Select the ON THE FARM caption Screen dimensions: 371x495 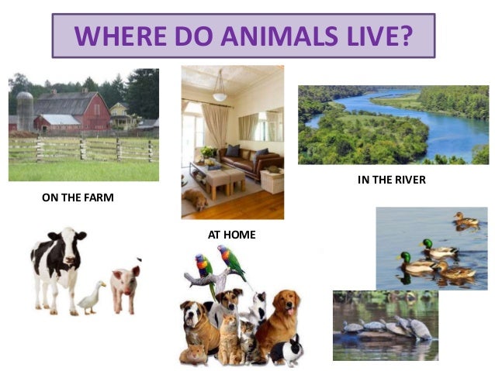tap(78, 198)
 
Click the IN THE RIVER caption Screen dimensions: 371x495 tap(392, 180)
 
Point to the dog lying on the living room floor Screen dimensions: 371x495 tap(196, 202)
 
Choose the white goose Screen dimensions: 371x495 tap(92, 296)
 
